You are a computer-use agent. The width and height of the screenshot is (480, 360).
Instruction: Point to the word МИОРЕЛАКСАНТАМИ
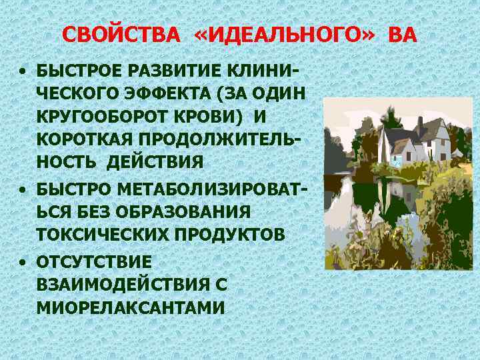point(131,308)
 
